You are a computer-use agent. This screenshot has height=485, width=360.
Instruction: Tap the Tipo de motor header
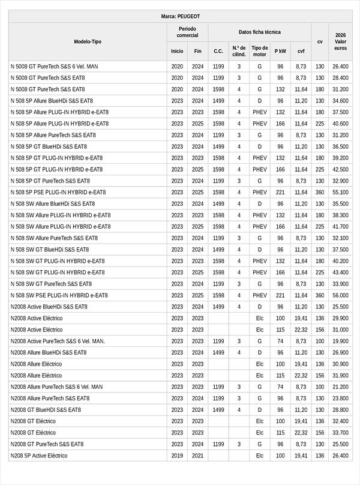[x=260, y=51]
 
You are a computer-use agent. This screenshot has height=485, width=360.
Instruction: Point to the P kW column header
[x=280, y=51]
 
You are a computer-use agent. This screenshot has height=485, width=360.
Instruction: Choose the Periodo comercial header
[x=187, y=32]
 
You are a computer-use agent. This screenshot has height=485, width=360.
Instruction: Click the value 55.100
[x=340, y=192]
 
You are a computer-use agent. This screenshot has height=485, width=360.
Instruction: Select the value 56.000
[x=340, y=295]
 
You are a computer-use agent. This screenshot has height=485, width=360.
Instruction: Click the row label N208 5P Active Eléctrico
[x=39, y=456]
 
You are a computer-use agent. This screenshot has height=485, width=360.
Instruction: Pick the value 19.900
[x=340, y=341]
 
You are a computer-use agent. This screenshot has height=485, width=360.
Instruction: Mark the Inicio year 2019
[x=177, y=456]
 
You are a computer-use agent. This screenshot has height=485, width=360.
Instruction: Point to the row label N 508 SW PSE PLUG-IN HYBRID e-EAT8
[x=59, y=295]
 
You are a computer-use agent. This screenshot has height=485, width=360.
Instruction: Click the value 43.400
[x=340, y=273]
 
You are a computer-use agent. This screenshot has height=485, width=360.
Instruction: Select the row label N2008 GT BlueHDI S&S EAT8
[x=46, y=410]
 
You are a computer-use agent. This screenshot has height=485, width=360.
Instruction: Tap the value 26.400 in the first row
[x=340, y=66]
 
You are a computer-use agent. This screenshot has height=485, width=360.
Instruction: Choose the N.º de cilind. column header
[x=239, y=51]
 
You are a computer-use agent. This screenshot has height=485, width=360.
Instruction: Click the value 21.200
[x=340, y=387]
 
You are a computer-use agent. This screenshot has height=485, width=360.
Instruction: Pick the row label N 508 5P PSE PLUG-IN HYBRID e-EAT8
[x=58, y=192]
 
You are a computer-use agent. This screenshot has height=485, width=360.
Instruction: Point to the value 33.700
[x=340, y=433]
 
